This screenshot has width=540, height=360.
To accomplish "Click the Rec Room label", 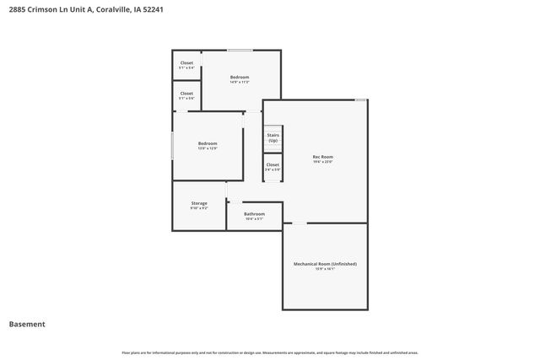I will point(323,157).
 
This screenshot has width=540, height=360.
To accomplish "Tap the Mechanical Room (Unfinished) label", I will point(325,265).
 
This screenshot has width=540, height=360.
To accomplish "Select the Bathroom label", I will point(254,214).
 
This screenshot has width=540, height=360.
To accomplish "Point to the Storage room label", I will point(199,203).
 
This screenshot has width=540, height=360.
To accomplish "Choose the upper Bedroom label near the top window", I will point(240,77).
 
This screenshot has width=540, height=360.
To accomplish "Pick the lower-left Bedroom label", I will point(208,143).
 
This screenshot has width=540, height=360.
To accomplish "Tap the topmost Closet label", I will point(186,62).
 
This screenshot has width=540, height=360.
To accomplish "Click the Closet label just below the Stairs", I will point(273,164).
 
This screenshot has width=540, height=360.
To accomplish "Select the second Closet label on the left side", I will point(186,94).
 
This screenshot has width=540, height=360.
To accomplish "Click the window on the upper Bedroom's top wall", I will point(240,50).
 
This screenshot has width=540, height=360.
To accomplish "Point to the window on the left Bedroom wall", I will point(173,144).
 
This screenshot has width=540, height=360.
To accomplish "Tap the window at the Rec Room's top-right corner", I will point(360,100).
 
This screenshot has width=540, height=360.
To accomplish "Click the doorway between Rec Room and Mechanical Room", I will point(299,223).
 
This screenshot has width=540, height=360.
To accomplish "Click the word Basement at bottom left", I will point(27,324).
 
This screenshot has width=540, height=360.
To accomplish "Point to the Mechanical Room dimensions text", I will point(325,270).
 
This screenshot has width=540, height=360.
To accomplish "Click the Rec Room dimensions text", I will point(323,162).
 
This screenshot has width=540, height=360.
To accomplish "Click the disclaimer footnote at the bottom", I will point(270,352).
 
